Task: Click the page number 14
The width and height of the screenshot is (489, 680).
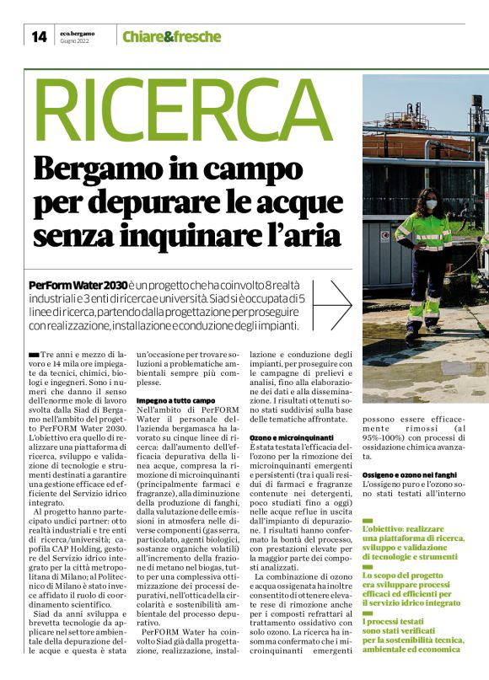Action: (x=39, y=36)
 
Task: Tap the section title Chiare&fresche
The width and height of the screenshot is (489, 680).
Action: (x=171, y=37)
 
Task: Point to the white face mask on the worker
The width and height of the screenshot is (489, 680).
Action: (x=428, y=203)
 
